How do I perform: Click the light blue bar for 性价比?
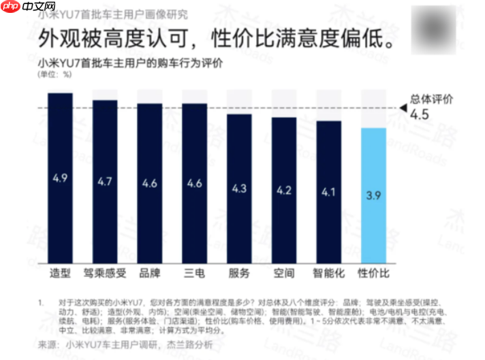click(x=373, y=196)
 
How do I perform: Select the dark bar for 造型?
click(x=60, y=178)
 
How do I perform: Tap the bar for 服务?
click(x=239, y=189)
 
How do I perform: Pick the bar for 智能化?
click(x=328, y=193)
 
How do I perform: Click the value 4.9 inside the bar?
click(x=60, y=179)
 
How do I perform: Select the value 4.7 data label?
click(x=105, y=182)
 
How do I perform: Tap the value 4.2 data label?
click(x=284, y=190)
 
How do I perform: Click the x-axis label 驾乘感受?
click(x=105, y=274)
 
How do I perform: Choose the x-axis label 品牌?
click(x=150, y=274)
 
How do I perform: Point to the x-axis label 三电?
click(x=195, y=274)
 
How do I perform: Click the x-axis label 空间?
click(x=284, y=274)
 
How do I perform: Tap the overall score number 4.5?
click(x=419, y=115)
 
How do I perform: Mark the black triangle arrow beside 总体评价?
click(x=403, y=108)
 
